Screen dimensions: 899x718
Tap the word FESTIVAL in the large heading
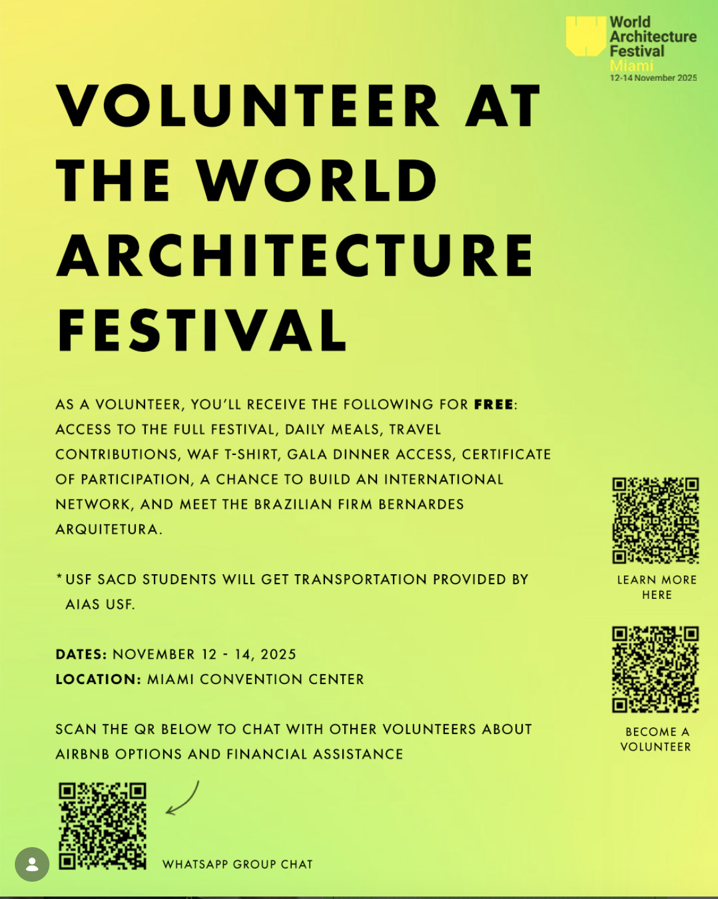point(202,330)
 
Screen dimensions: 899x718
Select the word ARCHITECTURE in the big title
point(295,255)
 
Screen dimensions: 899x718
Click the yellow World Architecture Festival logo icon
point(585,36)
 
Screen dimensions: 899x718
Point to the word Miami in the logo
point(631,66)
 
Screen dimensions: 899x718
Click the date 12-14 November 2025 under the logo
point(653,78)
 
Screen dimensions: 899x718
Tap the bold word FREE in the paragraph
point(494,405)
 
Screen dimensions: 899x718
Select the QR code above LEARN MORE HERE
point(656,521)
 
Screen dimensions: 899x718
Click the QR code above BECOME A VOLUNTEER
point(656,669)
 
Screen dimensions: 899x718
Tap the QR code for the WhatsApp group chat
point(103,826)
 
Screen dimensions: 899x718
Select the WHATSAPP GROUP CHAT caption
point(238,864)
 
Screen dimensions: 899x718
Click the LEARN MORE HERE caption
point(657,587)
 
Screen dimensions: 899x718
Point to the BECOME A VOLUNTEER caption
point(656,739)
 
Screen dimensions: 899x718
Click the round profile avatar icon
point(32,864)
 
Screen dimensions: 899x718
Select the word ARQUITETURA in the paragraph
point(107,530)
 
